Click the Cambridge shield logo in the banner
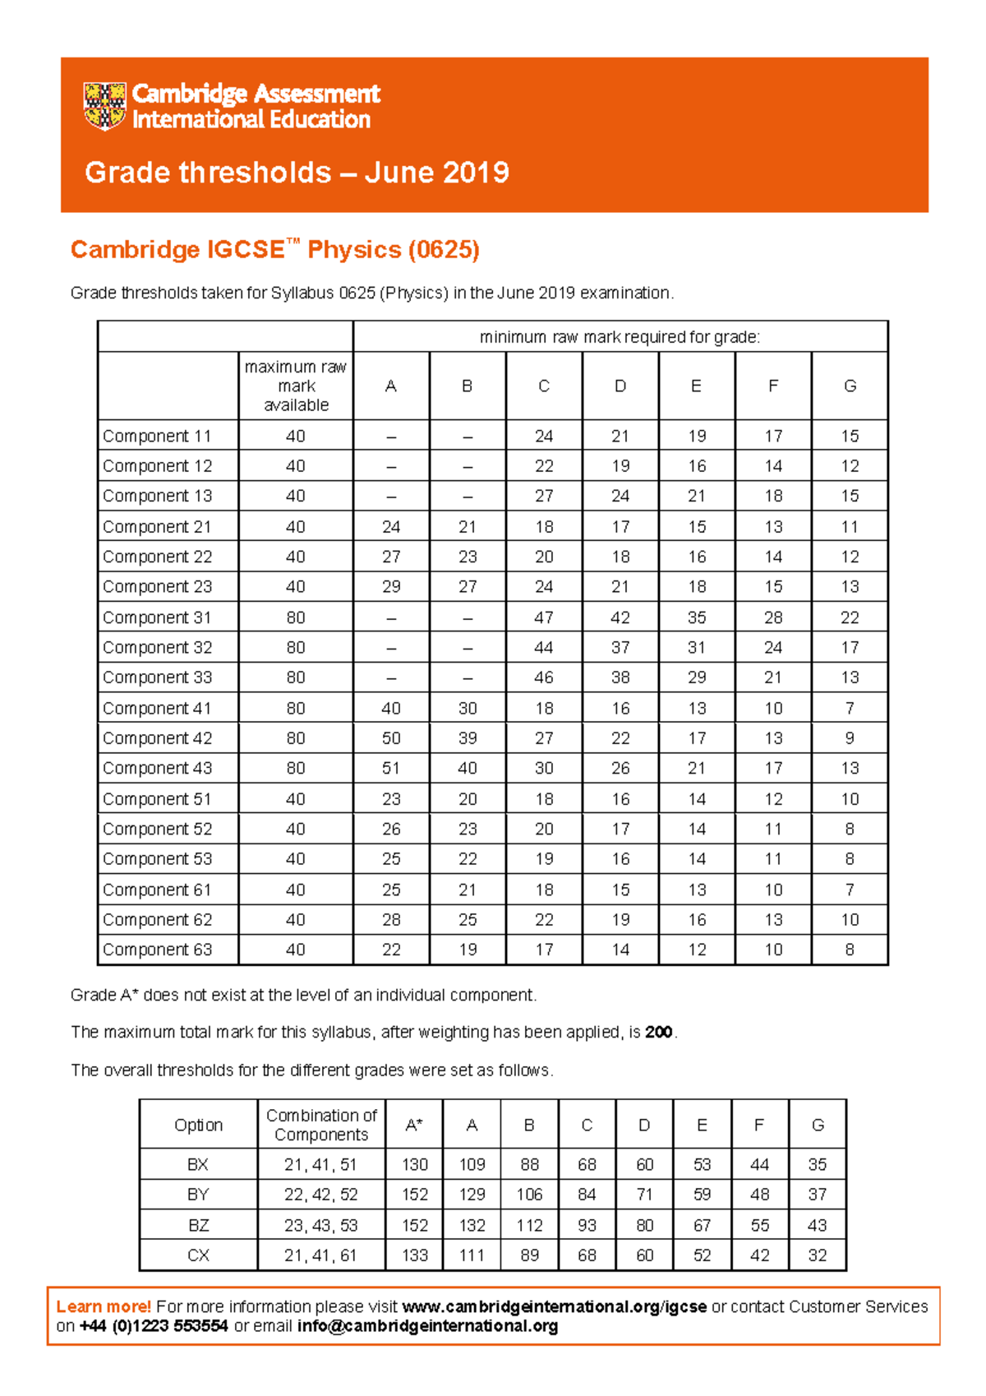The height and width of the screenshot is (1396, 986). pos(104,106)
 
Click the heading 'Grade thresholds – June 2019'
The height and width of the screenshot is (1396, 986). pos(297,173)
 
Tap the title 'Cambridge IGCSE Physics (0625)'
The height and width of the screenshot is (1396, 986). pos(274,249)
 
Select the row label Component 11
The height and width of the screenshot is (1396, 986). pos(157,437)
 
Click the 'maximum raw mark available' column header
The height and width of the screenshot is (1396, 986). pos(296,386)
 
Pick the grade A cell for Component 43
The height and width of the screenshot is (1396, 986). pos(391,769)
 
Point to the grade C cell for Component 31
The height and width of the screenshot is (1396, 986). pos(544,617)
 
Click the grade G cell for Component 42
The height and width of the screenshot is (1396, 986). pos(850,738)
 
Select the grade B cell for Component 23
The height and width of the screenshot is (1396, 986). pos(468,587)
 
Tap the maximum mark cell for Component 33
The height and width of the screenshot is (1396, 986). pos(296,677)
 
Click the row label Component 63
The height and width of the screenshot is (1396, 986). pos(157,950)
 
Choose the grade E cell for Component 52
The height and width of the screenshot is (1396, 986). pos(697,829)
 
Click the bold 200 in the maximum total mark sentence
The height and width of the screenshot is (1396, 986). pos(659,1032)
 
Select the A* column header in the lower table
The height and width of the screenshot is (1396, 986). pos(414,1125)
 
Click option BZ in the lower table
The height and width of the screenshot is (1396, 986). pos(198,1225)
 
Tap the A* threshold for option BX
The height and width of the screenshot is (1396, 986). pos(414,1165)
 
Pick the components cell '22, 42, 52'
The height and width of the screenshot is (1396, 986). pos(320,1195)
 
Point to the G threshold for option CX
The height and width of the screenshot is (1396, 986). pos(817,1255)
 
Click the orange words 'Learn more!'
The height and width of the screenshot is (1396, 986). pos(104,1306)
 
